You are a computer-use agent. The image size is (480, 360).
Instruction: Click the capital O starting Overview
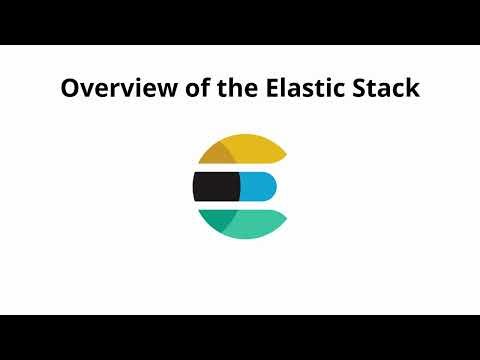(70, 88)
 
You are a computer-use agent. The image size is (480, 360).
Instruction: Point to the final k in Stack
(412, 88)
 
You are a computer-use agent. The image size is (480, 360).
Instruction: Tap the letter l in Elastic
(274, 88)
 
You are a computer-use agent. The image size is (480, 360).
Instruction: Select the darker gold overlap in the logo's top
(218, 153)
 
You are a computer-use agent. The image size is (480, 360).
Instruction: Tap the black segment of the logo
(215, 186)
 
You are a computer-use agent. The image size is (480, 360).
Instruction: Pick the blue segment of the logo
(257, 186)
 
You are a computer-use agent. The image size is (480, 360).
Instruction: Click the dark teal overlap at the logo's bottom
(218, 218)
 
